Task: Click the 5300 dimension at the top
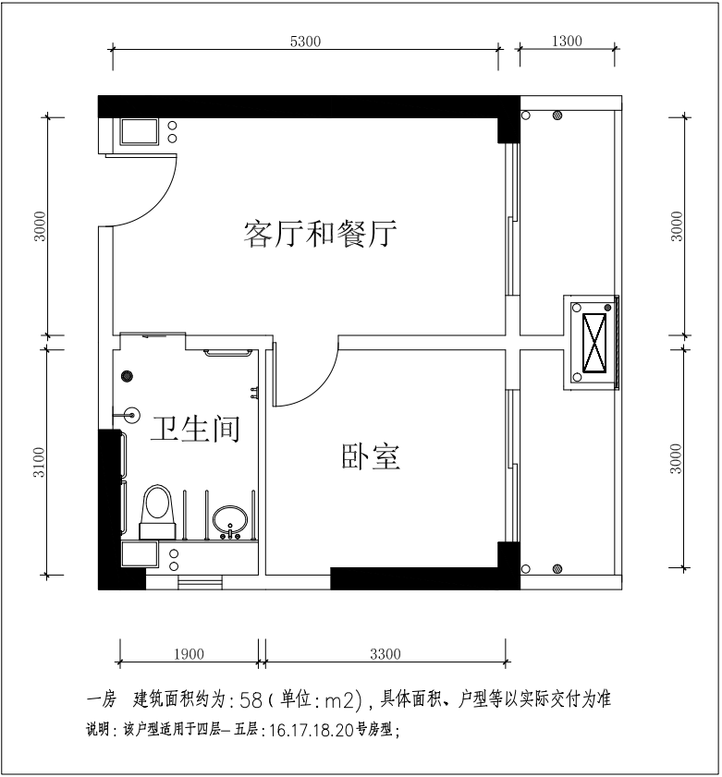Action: tap(305, 41)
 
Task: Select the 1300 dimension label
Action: tap(566, 41)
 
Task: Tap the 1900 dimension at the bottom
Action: tap(189, 655)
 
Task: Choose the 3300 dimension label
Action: tap(385, 655)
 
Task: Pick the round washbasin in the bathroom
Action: tap(230, 520)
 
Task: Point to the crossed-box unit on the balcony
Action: tap(593, 341)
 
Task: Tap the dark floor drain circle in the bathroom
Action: tap(128, 376)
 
